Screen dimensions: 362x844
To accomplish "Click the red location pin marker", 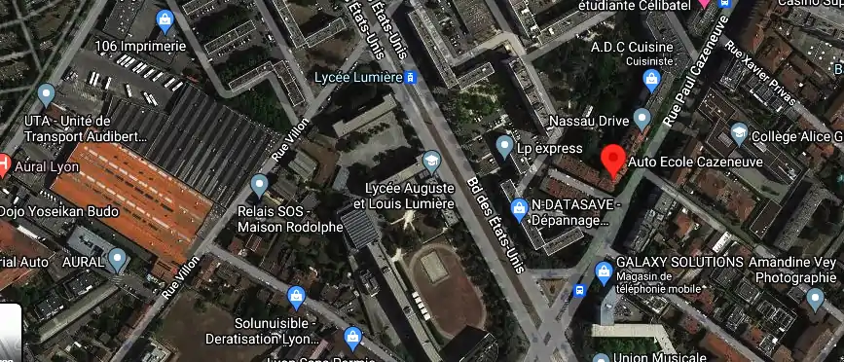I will click(x=612, y=159).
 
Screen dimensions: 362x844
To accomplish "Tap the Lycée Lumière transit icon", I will click(x=412, y=77).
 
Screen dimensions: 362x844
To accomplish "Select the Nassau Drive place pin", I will click(x=641, y=118).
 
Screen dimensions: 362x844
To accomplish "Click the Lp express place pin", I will click(x=504, y=147).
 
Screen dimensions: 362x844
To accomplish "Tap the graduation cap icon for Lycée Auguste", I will click(x=431, y=159).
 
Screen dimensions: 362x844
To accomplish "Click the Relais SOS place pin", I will click(x=259, y=184).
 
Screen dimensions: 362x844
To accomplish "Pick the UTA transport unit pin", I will click(x=46, y=95).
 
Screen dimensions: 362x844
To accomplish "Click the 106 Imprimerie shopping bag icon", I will click(x=165, y=19).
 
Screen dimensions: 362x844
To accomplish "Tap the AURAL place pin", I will click(x=118, y=260).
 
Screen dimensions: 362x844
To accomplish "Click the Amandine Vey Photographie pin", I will click(x=816, y=299).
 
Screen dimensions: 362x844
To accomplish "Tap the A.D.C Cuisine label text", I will click(x=633, y=46).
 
